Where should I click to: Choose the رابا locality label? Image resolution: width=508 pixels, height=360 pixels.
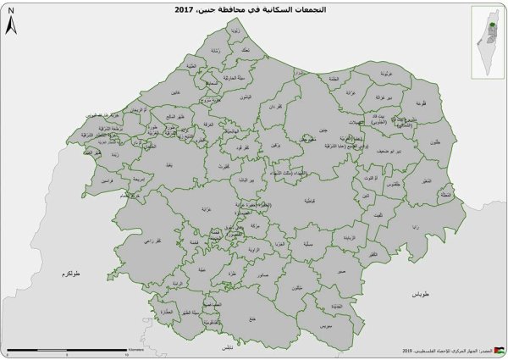[415, 228]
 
